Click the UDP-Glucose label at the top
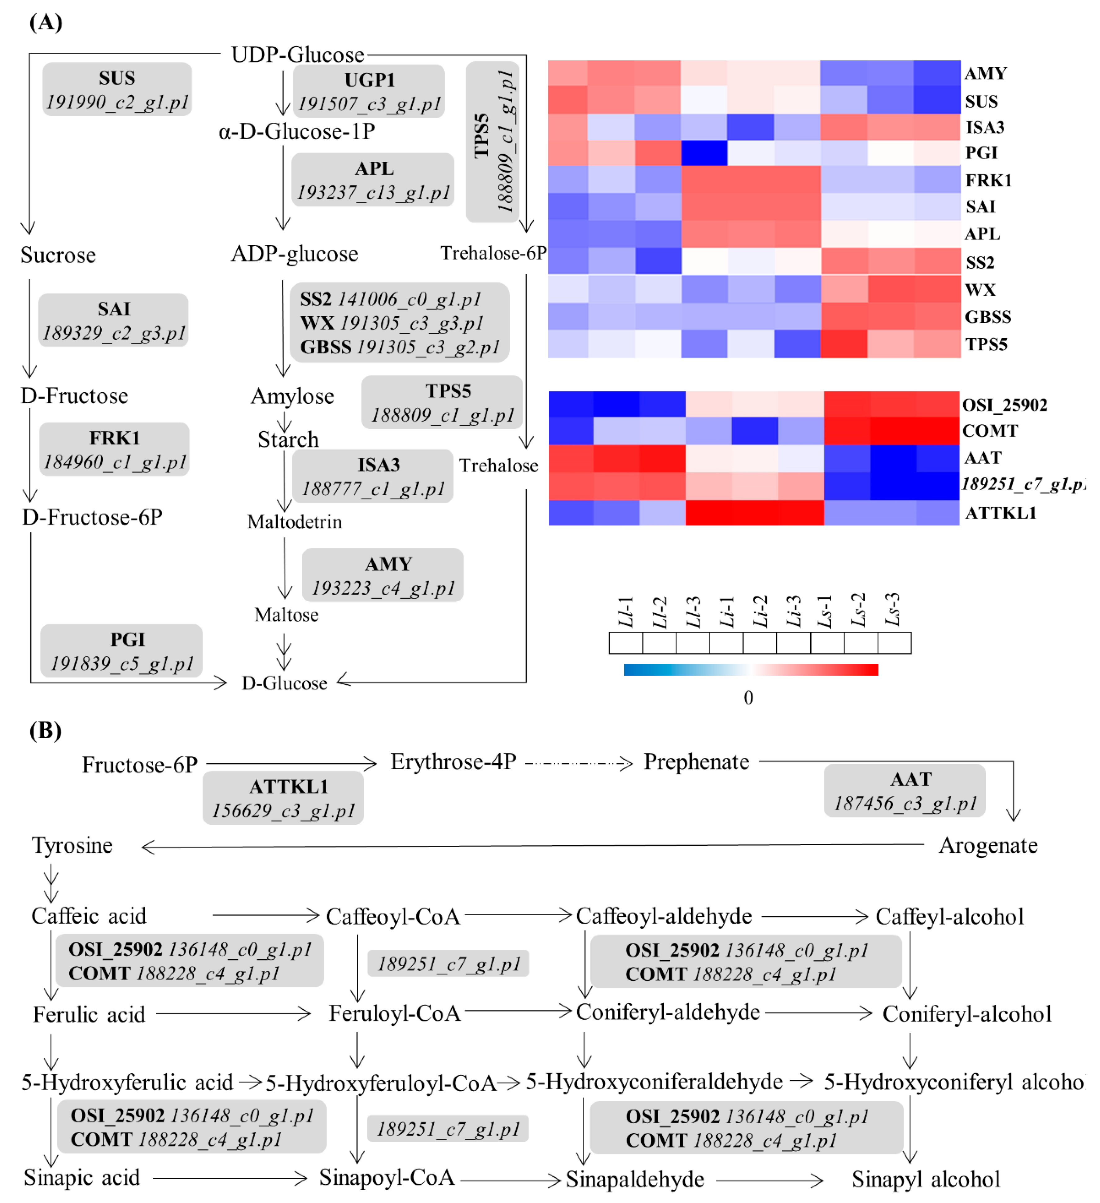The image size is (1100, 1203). pyautogui.click(x=297, y=55)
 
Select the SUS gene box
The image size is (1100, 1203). pyautogui.click(x=117, y=90)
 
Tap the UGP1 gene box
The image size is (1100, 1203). pyautogui.click(x=369, y=91)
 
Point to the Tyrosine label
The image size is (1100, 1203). pyautogui.click(x=72, y=846)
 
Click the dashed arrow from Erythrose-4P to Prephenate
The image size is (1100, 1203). pyautogui.click(x=578, y=763)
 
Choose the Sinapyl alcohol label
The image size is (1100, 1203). pyautogui.click(x=926, y=1179)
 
